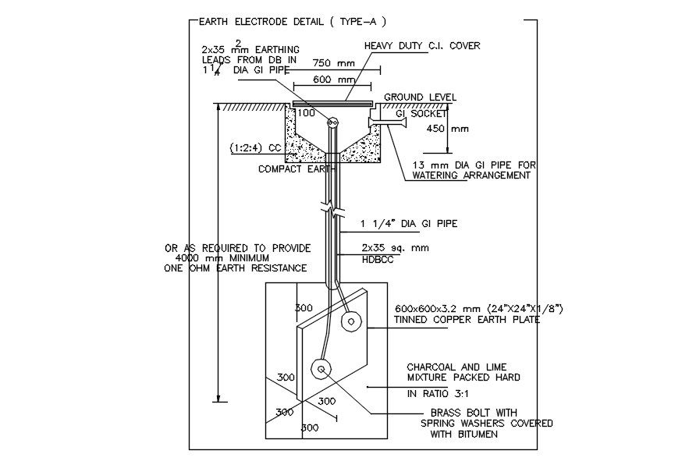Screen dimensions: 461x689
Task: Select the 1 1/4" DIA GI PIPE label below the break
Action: [409, 224]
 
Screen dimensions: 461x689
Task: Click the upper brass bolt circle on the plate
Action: [353, 321]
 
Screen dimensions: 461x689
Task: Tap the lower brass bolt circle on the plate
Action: [320, 369]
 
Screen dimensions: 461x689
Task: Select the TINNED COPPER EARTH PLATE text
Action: [466, 320]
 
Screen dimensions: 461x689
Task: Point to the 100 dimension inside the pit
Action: [307, 114]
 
